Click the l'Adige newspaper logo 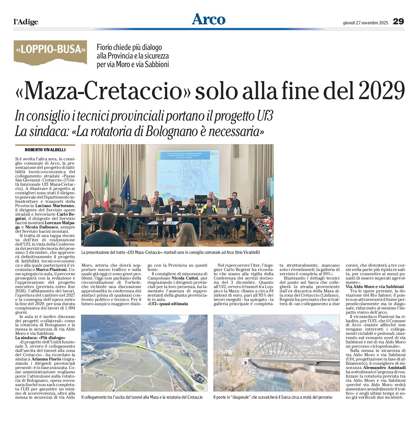coord(26,22)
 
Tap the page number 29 coord(398,21)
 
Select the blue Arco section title coord(208,19)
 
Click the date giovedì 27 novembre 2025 coord(365,23)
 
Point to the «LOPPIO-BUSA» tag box coord(50,49)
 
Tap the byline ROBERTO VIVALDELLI coord(45,150)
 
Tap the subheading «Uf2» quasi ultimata coord(168,304)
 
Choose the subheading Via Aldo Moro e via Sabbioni coord(375,287)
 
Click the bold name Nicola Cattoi coord(185,278)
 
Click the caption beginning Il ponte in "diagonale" coord(273,397)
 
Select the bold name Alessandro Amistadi coord(384,368)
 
